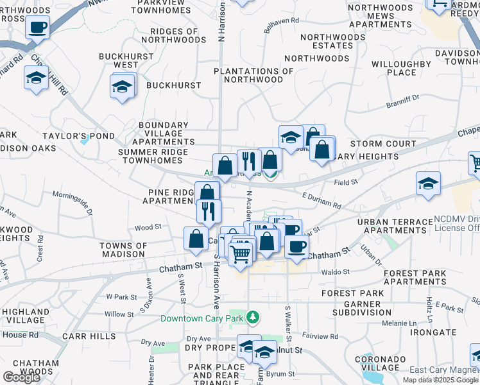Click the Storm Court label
(x=384, y=144)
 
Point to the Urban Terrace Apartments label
(x=395, y=226)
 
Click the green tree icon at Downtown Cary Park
(x=253, y=318)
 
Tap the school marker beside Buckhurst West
(x=122, y=87)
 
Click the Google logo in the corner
(x=21, y=377)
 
